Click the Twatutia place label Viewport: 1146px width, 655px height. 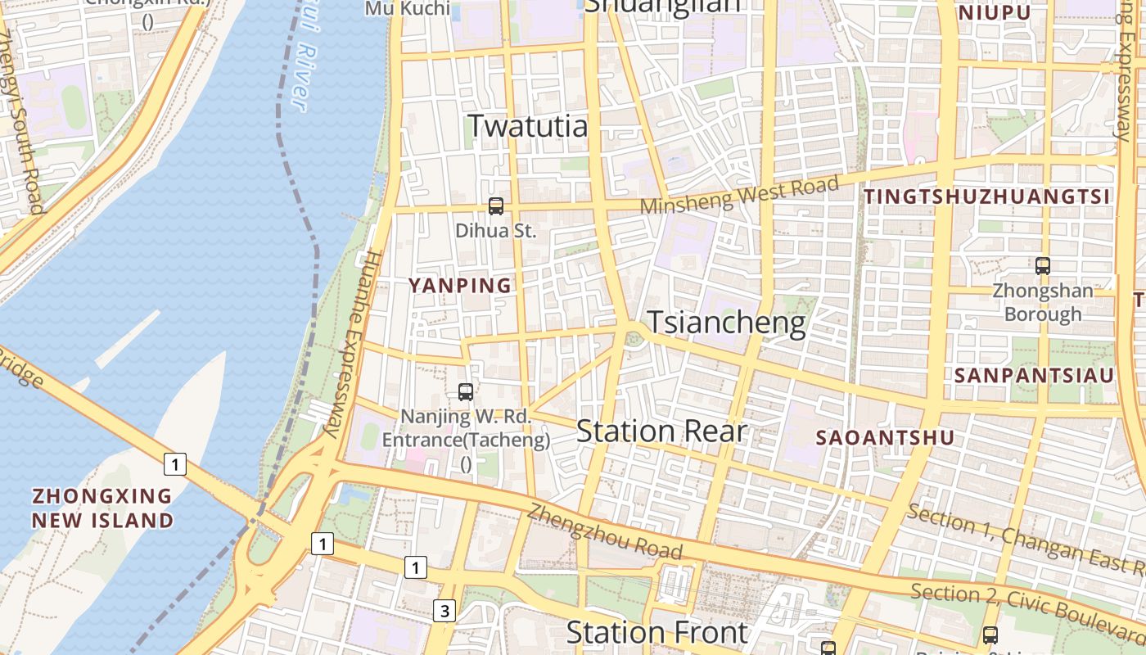click(x=527, y=126)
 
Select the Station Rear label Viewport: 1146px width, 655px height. click(x=661, y=431)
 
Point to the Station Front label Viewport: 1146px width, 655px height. click(x=656, y=632)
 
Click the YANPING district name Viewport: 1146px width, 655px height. click(x=459, y=286)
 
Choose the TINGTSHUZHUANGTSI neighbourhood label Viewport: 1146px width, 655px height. click(x=987, y=196)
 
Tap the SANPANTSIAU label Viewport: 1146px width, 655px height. click(x=1035, y=376)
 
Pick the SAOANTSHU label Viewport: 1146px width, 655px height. click(x=885, y=438)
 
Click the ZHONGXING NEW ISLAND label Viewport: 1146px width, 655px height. click(x=102, y=508)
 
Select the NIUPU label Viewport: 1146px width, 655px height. click(x=995, y=14)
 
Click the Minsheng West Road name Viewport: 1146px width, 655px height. click(x=739, y=195)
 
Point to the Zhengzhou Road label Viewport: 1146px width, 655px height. click(x=604, y=531)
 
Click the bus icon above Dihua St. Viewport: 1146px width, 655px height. click(x=495, y=206)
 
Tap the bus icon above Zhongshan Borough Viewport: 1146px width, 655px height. click(x=1042, y=265)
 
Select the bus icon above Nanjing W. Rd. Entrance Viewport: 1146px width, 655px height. click(x=466, y=391)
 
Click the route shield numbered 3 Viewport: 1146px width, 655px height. click(x=444, y=610)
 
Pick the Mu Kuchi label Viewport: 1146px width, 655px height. click(x=407, y=9)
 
